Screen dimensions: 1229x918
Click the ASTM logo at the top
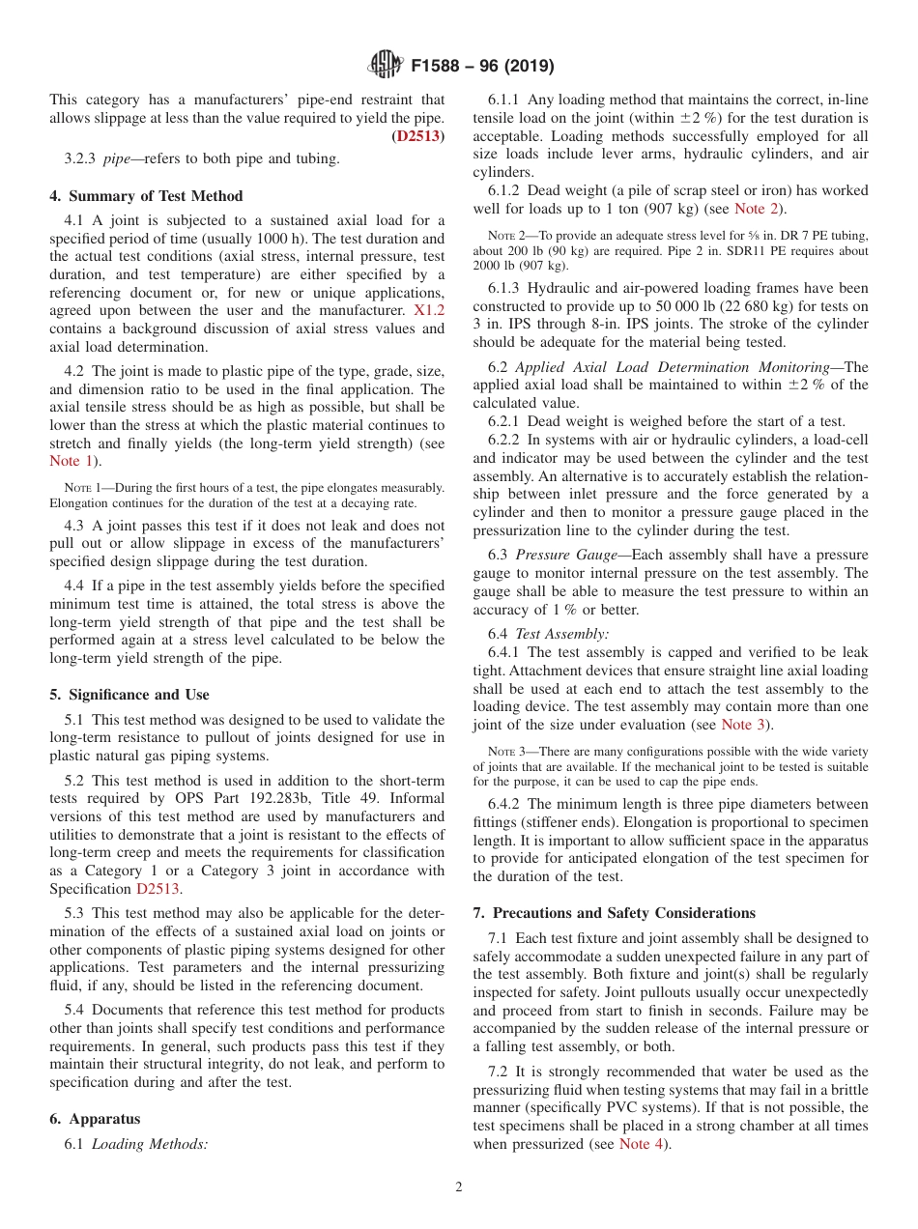[387, 66]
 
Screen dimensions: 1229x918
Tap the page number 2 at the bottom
[459, 1187]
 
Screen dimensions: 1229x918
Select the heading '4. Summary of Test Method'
[146, 196]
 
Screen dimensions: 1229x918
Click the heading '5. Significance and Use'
[129, 695]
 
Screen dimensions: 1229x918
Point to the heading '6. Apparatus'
[95, 1119]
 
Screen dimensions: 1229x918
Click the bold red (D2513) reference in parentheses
[417, 136]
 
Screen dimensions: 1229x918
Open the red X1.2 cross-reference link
[428, 310]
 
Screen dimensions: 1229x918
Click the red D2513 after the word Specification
[158, 889]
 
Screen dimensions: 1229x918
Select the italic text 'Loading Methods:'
[150, 1144]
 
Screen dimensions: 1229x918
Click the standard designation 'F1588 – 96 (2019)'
[482, 66]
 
